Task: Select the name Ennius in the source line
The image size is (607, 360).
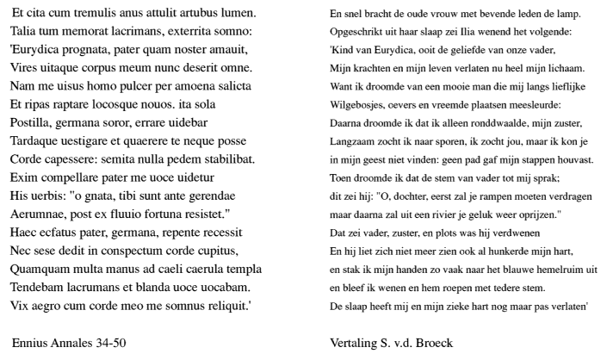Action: click(29, 342)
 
